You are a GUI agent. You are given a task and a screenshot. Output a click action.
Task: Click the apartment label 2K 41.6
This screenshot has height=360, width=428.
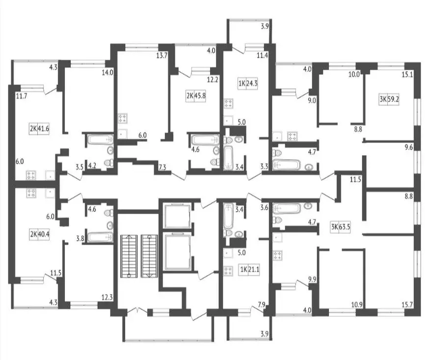(x=40, y=129)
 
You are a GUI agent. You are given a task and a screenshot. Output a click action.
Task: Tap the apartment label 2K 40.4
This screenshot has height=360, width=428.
(x=40, y=234)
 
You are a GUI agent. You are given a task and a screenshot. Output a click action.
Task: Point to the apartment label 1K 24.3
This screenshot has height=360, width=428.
(x=248, y=83)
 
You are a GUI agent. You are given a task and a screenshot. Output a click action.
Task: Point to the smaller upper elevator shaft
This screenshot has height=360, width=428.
(x=175, y=215)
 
